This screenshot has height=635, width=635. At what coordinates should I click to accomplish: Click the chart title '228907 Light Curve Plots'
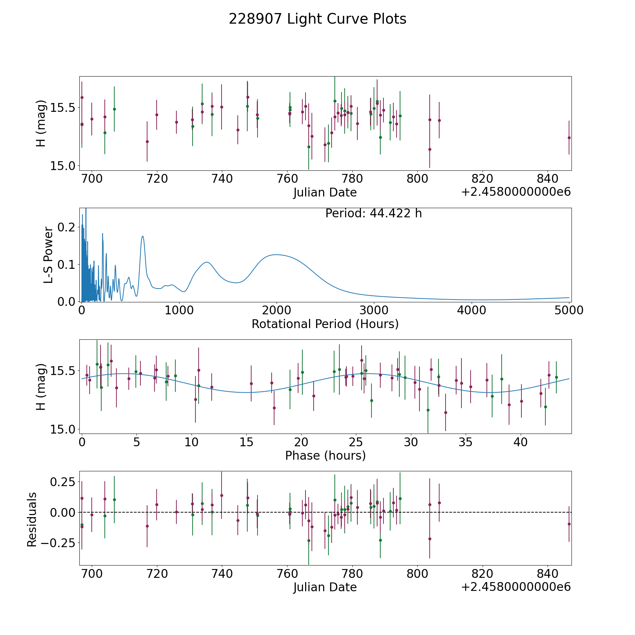point(317,19)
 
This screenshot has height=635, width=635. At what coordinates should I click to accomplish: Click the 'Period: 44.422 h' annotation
point(373,213)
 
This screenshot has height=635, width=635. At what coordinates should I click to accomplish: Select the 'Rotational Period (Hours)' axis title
point(325,324)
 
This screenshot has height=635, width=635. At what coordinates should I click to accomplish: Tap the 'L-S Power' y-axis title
point(48,255)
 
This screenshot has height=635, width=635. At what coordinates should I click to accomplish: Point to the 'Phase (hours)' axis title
point(325,455)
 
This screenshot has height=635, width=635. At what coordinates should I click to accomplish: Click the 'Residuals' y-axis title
point(32,520)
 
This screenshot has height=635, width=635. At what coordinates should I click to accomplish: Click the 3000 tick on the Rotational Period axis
point(374,310)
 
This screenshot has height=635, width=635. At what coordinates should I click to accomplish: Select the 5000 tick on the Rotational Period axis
point(569,310)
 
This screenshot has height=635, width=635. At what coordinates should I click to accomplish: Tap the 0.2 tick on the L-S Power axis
point(67,227)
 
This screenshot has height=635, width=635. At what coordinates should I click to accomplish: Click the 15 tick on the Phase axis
point(246,442)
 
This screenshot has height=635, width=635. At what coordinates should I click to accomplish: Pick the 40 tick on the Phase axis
point(520,442)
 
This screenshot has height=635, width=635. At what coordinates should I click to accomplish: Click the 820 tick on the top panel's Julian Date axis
point(482,179)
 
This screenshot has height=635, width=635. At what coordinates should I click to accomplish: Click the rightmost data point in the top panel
point(569,138)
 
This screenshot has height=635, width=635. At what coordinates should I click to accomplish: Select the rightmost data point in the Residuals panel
point(569,524)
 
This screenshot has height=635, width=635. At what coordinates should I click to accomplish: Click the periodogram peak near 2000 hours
point(276,254)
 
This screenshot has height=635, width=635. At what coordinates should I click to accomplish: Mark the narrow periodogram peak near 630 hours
point(143,236)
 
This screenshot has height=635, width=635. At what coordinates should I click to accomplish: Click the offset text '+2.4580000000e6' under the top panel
point(516,192)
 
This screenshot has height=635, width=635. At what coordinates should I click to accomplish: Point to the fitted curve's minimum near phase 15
point(246,392)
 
